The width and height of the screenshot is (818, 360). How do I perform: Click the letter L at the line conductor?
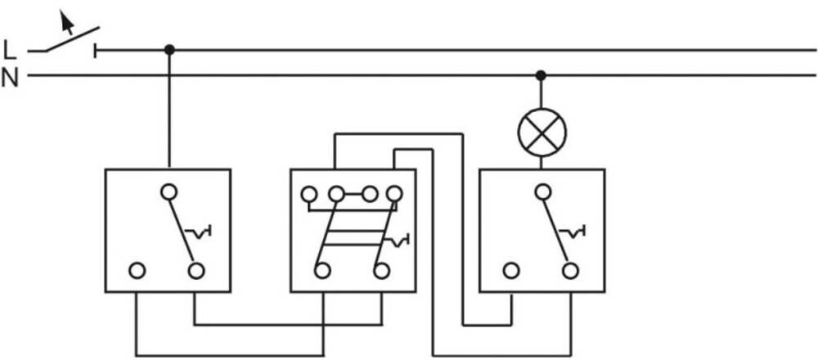[x=9, y=50]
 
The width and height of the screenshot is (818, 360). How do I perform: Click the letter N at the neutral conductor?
[x=9, y=78]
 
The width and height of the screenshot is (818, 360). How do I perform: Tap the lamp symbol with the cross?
[x=542, y=132]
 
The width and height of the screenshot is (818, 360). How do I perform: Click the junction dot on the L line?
[x=169, y=50]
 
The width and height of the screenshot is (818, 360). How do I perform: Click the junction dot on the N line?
[x=541, y=75]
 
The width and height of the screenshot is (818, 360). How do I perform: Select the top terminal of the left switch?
[x=169, y=192]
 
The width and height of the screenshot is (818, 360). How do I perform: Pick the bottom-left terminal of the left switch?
[x=137, y=271]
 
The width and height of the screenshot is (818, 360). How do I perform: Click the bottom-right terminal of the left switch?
[x=196, y=271]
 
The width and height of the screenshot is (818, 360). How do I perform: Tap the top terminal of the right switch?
[x=543, y=192]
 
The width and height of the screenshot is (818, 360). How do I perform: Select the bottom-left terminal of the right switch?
[x=511, y=271]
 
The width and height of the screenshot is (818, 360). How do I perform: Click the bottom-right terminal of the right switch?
[x=571, y=271]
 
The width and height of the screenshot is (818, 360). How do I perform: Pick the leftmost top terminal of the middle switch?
[x=309, y=195]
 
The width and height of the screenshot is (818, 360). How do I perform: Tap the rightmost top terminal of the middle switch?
[x=394, y=195]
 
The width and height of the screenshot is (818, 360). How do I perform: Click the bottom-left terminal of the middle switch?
[x=322, y=271]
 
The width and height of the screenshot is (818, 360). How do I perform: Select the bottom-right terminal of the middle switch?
[x=382, y=271]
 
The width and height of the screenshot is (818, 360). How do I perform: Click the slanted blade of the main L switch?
[x=71, y=39]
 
